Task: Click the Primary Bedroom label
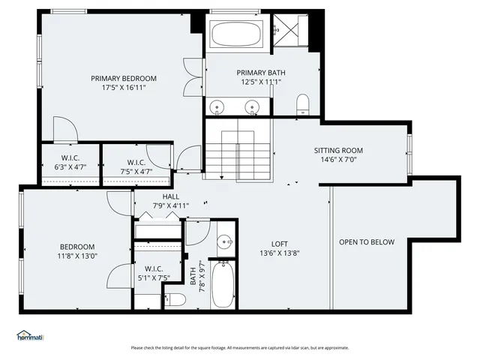tap(124, 78)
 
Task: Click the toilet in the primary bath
tap(304, 104)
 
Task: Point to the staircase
tap(238, 150)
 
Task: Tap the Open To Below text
tap(367, 242)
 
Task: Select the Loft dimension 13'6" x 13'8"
tap(279, 253)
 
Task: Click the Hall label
tap(170, 196)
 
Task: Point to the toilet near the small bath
tap(174, 300)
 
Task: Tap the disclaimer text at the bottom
tap(239, 347)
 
